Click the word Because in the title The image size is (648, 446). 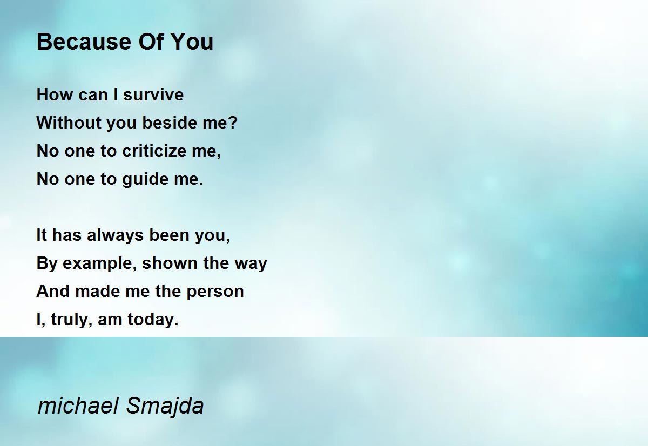pos(84,42)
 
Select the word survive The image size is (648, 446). pos(153,95)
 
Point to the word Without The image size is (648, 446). pos(69,123)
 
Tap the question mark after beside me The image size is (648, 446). pos(233,123)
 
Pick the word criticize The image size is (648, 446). pos(154,151)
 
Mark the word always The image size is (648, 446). pos(115,235)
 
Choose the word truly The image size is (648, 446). pos(71,320)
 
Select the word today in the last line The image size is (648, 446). pos(153,320)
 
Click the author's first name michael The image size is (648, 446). pos(78,406)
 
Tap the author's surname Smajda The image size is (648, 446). pos(165,406)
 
